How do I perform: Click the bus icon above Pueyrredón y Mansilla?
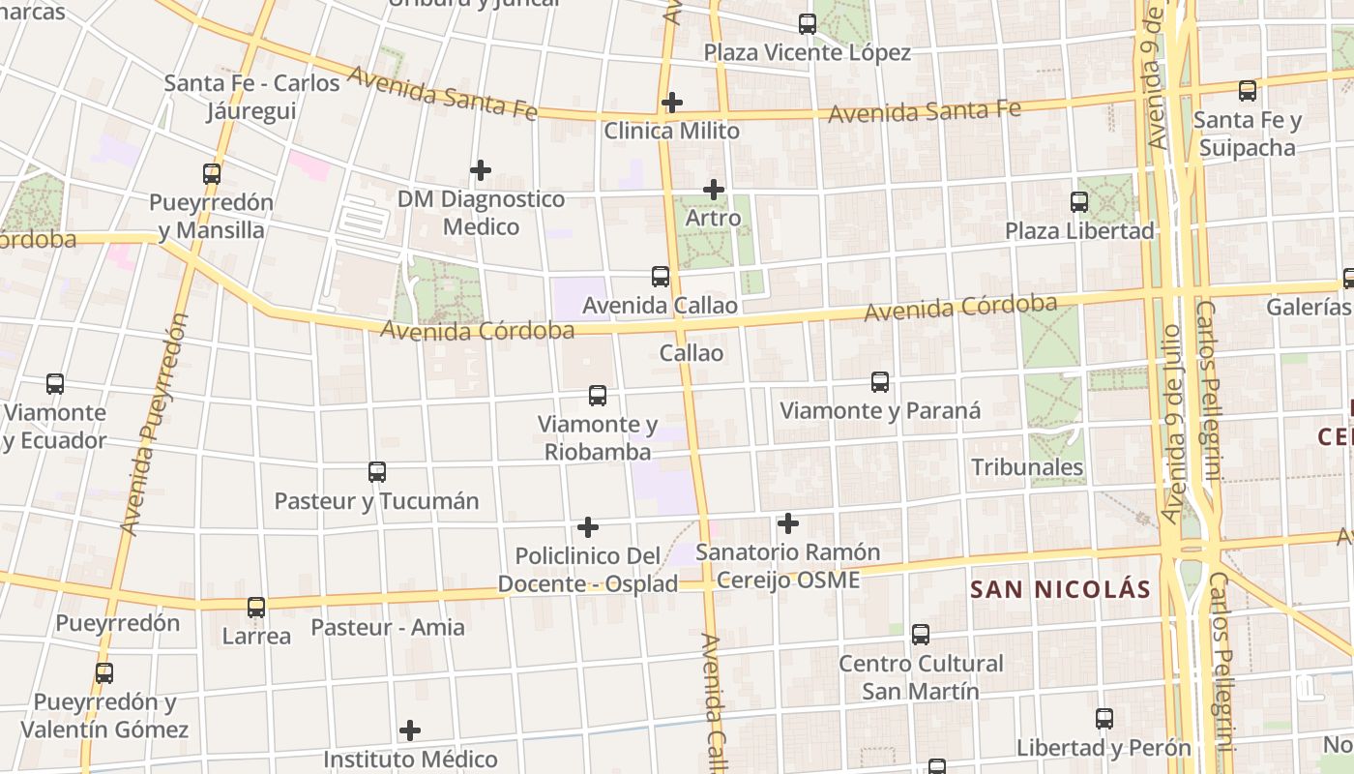[x=212, y=174]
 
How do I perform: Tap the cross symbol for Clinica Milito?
[x=672, y=102]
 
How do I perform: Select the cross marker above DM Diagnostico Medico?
[x=481, y=170]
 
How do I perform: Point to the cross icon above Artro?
[x=714, y=190]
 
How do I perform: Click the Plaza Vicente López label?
[x=807, y=52]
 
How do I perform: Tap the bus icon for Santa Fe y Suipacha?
[x=1248, y=91]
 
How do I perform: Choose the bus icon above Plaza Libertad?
[x=1079, y=202]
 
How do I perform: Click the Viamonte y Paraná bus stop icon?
[x=880, y=381]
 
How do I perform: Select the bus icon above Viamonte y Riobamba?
[x=598, y=396]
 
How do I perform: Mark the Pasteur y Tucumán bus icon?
[x=377, y=472]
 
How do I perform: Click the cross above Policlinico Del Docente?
[x=588, y=527]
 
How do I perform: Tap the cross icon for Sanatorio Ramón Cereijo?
[x=788, y=523]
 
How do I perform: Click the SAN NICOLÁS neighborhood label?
[x=1060, y=589]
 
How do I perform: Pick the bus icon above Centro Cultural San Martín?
[x=921, y=635]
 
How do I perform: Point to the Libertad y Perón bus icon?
[x=1104, y=719]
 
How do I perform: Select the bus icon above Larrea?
[x=256, y=608]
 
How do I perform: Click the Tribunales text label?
[x=1027, y=467]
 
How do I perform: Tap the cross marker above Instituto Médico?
[x=410, y=730]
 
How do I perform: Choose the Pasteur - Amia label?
[x=388, y=627]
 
